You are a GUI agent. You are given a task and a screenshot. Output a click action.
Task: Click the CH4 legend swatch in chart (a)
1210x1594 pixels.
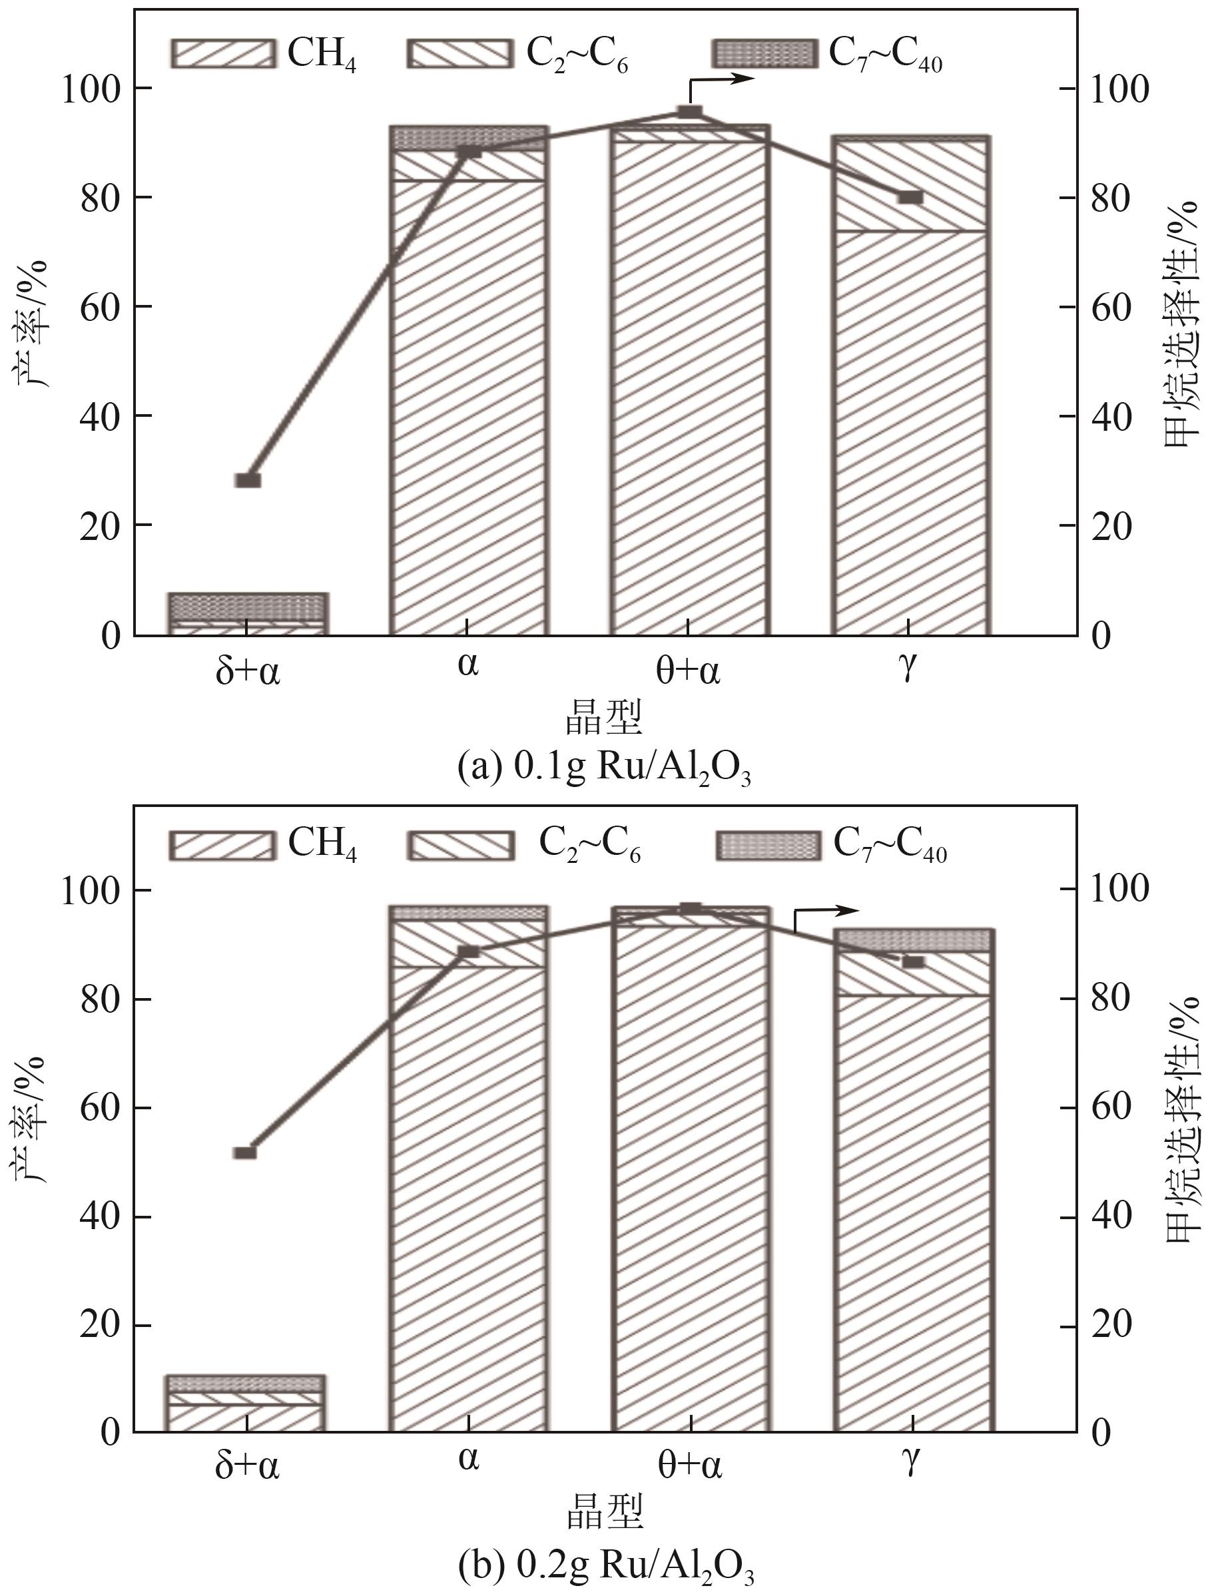point(223,53)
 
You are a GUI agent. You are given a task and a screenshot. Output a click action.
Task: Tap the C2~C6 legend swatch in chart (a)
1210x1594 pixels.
point(461,53)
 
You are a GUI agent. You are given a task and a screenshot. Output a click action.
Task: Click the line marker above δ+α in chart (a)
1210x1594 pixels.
point(248,481)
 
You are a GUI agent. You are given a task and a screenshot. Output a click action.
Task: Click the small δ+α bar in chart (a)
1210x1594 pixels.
point(248,614)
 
